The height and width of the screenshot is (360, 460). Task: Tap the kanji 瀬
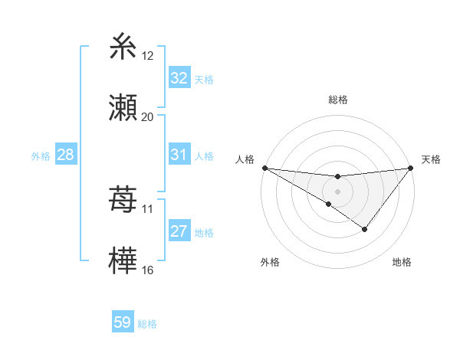point(123,106)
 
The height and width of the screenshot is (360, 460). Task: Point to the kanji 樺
point(123,260)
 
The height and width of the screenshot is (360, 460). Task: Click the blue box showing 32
point(179,78)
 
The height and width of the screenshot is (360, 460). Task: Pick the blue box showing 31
point(179,155)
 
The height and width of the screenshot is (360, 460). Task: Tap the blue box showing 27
point(179,231)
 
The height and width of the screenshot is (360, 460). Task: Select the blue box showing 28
point(66,155)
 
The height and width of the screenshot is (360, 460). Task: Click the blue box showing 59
point(123,322)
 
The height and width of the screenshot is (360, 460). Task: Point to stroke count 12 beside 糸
point(148,56)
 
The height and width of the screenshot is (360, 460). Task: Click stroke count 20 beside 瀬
point(148,116)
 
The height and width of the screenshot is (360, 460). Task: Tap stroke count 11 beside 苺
point(148,208)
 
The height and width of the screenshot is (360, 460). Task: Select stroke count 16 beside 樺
point(148,270)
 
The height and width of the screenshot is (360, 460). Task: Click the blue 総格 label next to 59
point(148,324)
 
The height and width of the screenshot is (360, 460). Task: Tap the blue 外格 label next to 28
point(41,156)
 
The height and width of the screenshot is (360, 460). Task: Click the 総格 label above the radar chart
point(338,100)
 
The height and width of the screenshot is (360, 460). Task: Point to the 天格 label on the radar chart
point(432,159)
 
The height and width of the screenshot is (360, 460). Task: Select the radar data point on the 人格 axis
point(264,167)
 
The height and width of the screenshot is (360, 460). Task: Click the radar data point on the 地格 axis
point(365,229)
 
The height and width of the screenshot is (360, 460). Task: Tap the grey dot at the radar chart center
point(338,191)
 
